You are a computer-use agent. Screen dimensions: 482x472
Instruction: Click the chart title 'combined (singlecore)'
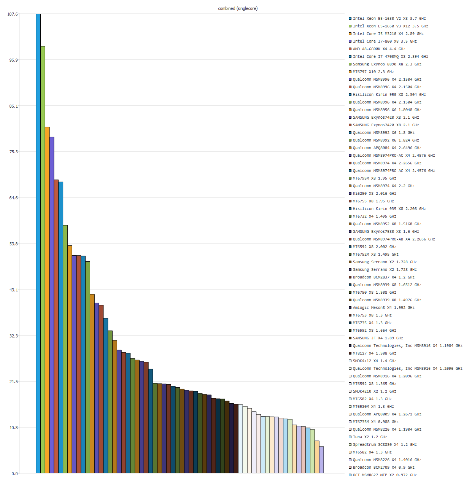point(238,8)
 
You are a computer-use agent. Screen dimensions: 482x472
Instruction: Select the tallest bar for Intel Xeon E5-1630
point(38,243)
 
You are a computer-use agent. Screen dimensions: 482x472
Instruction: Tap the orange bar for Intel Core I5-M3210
point(47,300)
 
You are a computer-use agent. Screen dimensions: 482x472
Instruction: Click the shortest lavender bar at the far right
point(321,460)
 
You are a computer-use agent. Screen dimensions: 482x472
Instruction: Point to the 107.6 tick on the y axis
point(13,14)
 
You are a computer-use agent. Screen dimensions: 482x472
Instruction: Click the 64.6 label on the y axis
point(13,198)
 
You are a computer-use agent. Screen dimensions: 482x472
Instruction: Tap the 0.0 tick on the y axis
point(14,474)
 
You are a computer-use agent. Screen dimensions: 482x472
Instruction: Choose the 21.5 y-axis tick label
point(13,382)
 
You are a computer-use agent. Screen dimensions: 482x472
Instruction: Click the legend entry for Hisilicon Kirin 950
point(389,95)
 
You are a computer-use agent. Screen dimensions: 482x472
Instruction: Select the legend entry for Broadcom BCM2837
point(383,277)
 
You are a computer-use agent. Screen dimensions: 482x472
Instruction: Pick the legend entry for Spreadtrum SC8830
point(385,445)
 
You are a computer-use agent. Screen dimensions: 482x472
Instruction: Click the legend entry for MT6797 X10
point(373,72)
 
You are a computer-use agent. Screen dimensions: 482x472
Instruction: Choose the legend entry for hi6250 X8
point(374,194)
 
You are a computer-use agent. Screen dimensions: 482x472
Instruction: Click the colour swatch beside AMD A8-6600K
point(350,49)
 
